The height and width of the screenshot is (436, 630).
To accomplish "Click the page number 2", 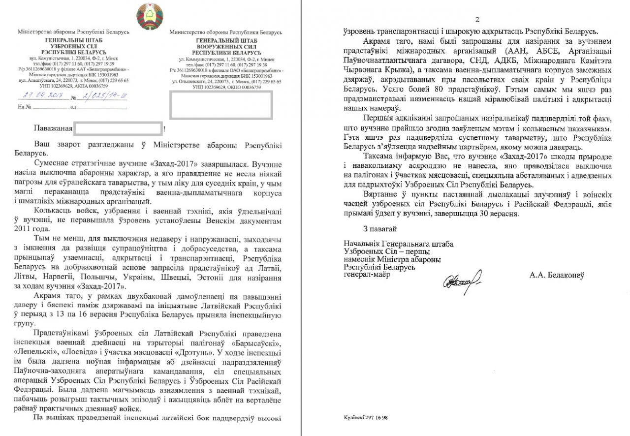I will (x=476, y=20).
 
